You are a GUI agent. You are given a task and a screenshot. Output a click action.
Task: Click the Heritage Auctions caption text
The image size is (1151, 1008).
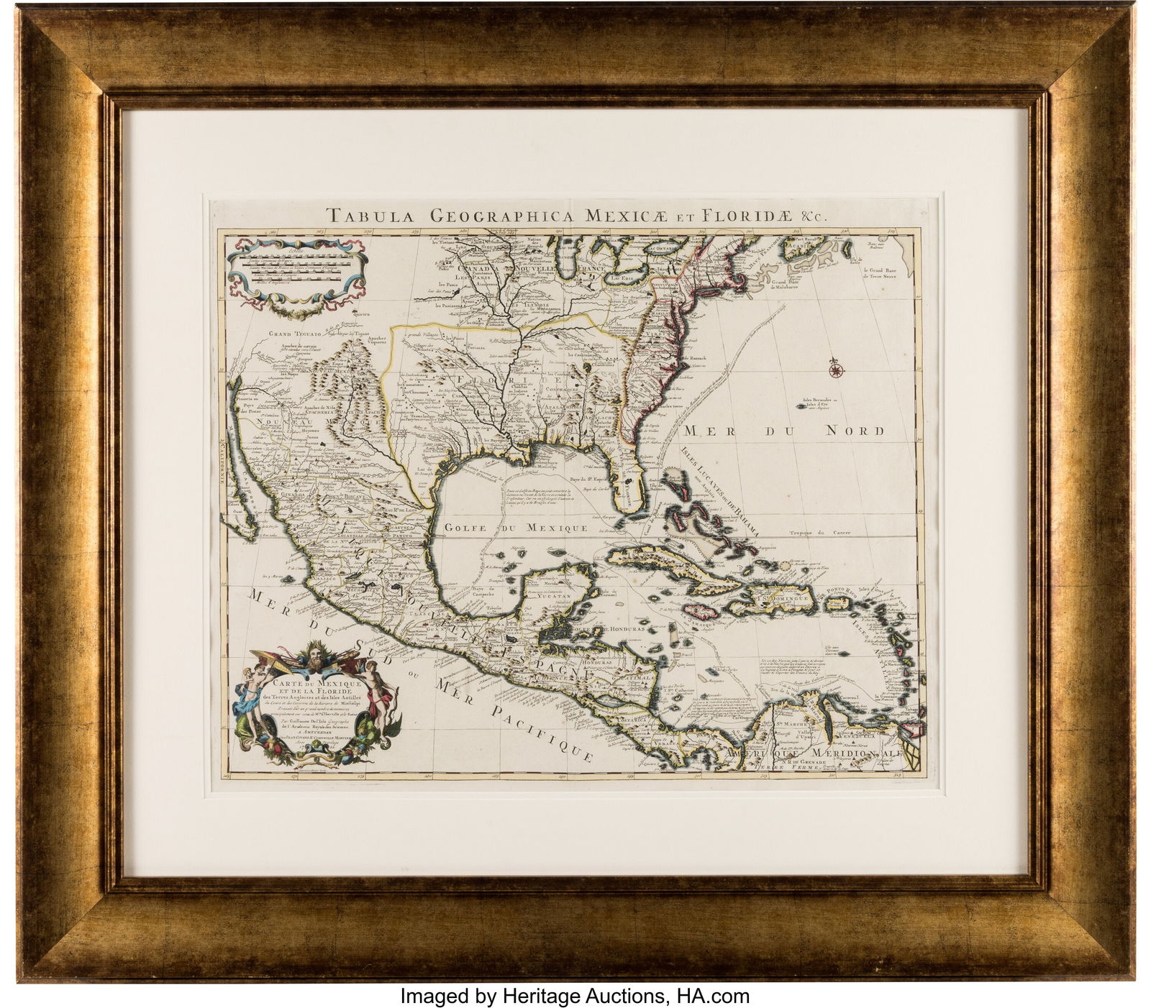pos(575,996)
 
